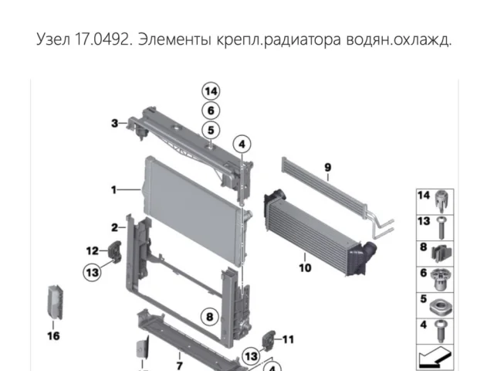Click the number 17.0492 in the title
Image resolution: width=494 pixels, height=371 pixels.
point(102,39)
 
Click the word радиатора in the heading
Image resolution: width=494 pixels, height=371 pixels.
point(303,40)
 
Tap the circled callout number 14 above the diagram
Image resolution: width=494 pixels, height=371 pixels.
point(211,91)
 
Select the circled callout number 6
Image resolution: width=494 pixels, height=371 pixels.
point(211,111)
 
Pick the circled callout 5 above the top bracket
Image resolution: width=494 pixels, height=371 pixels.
point(211,130)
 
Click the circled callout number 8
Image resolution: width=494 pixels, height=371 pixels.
point(210,316)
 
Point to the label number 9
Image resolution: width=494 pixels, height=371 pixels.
point(327,167)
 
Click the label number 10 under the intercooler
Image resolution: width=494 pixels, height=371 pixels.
point(305,268)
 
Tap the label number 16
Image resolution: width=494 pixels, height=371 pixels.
point(53,335)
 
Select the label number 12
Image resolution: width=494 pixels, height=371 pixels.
point(93,250)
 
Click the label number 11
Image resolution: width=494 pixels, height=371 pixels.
point(288,339)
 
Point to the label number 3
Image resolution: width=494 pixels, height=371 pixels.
point(115,123)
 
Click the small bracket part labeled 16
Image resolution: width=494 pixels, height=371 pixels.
point(55,302)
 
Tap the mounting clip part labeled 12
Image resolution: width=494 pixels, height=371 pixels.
point(115,252)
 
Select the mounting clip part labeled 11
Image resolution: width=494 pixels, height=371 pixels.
point(269,340)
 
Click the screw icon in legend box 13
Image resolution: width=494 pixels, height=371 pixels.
point(442,227)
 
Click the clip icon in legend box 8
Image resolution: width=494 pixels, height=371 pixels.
point(441,254)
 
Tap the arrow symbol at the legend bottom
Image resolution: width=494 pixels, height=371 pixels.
point(435,357)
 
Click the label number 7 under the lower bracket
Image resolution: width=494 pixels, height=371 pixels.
point(180,366)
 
